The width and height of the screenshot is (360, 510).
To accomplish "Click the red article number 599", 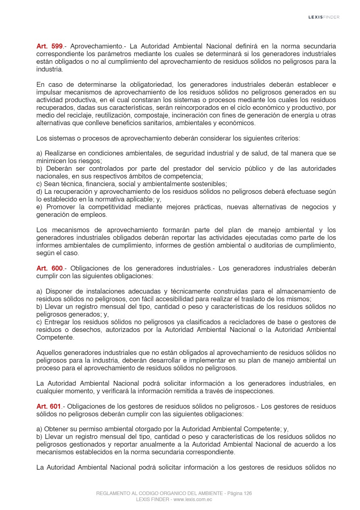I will (x=57, y=46).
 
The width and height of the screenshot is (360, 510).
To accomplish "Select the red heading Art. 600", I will (x=50, y=269).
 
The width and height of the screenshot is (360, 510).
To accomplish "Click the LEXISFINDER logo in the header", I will (x=324, y=17).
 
